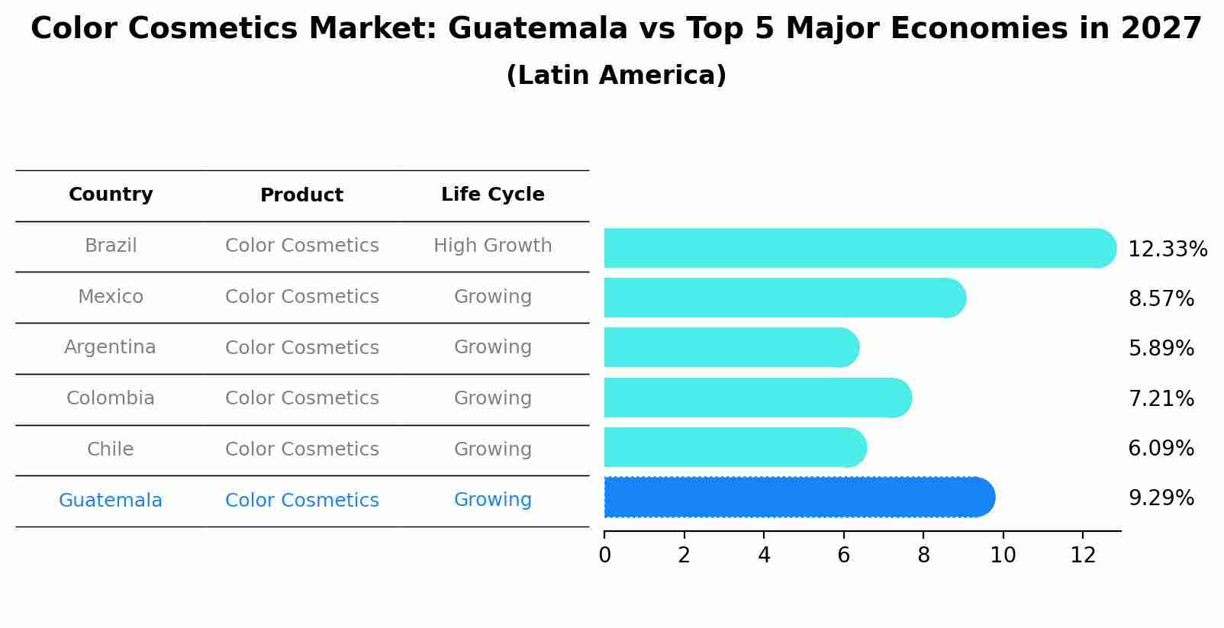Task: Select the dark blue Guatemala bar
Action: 794,498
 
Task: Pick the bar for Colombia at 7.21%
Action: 755,398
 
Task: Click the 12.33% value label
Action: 1167,250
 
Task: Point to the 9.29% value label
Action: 1161,498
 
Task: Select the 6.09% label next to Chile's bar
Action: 1161,448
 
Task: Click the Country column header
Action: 111,195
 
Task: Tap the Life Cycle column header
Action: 492,195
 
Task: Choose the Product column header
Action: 301,195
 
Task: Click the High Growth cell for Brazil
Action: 492,246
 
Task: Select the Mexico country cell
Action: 111,297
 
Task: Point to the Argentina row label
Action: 110,347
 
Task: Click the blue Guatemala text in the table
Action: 111,501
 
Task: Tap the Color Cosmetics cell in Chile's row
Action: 301,449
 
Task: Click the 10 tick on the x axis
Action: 1003,556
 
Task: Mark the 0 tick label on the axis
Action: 604,556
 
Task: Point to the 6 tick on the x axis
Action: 843,556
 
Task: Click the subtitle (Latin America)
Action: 616,76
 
